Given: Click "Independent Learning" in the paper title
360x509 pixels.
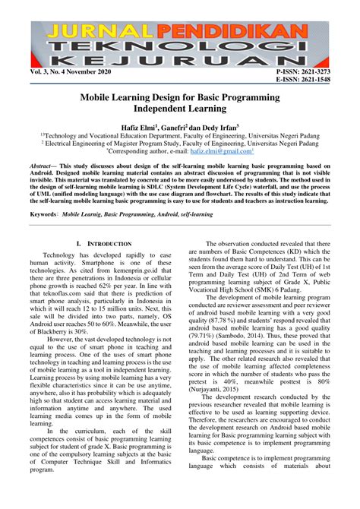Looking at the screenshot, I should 180,111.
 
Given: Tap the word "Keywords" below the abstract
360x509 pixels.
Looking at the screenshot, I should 43,214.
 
